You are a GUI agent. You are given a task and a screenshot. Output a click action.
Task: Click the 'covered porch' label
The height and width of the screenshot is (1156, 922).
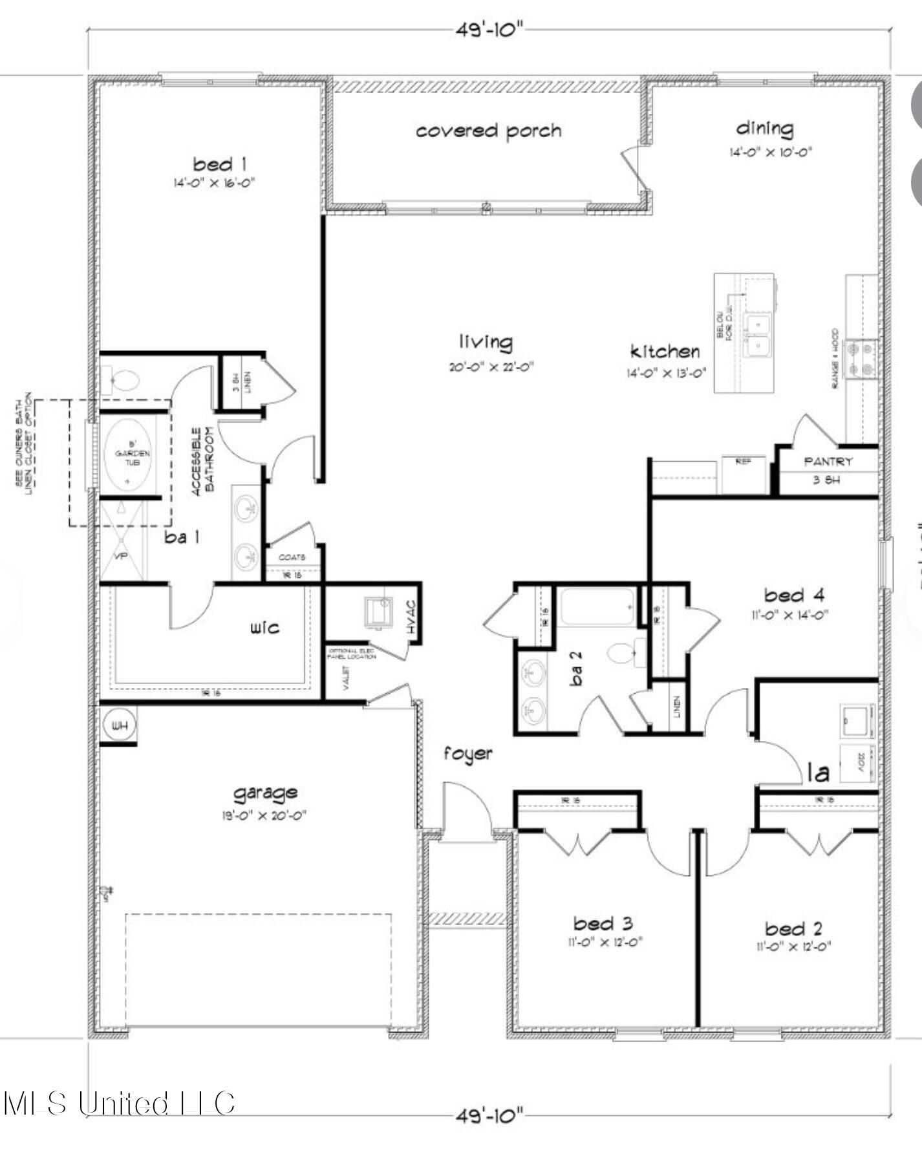click(488, 131)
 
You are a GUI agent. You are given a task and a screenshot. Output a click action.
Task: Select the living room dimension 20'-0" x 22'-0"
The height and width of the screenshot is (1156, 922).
click(491, 367)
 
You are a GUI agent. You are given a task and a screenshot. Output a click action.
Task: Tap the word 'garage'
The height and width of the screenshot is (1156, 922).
click(265, 793)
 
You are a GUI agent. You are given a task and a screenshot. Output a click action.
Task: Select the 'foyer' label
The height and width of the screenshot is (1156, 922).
click(467, 754)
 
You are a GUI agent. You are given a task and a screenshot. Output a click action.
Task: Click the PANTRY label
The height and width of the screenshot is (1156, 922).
click(828, 462)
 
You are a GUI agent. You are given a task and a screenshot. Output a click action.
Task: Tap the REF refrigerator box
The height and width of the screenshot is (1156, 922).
click(743, 475)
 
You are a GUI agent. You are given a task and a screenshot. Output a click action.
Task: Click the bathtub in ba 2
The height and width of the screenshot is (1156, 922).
click(596, 606)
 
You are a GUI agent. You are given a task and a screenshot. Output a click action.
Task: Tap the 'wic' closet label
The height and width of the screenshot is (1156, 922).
click(265, 627)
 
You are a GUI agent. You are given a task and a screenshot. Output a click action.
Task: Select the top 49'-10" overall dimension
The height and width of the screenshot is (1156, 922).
click(489, 30)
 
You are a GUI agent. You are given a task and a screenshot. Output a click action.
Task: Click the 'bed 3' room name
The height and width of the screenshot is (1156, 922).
click(603, 923)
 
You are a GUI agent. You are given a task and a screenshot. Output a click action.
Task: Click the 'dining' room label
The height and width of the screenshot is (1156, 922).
click(765, 128)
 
